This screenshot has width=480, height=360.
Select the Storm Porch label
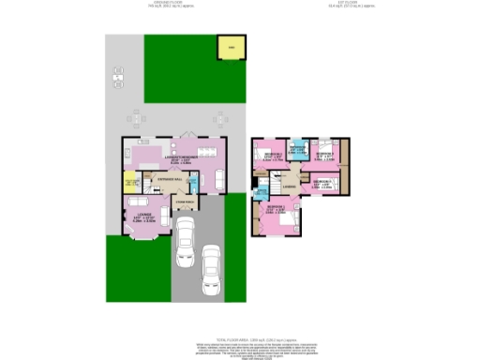click(185, 200)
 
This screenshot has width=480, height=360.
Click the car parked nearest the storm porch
click(185, 234)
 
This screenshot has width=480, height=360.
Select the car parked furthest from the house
click(211, 265)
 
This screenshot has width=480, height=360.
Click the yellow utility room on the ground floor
click(131, 183)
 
